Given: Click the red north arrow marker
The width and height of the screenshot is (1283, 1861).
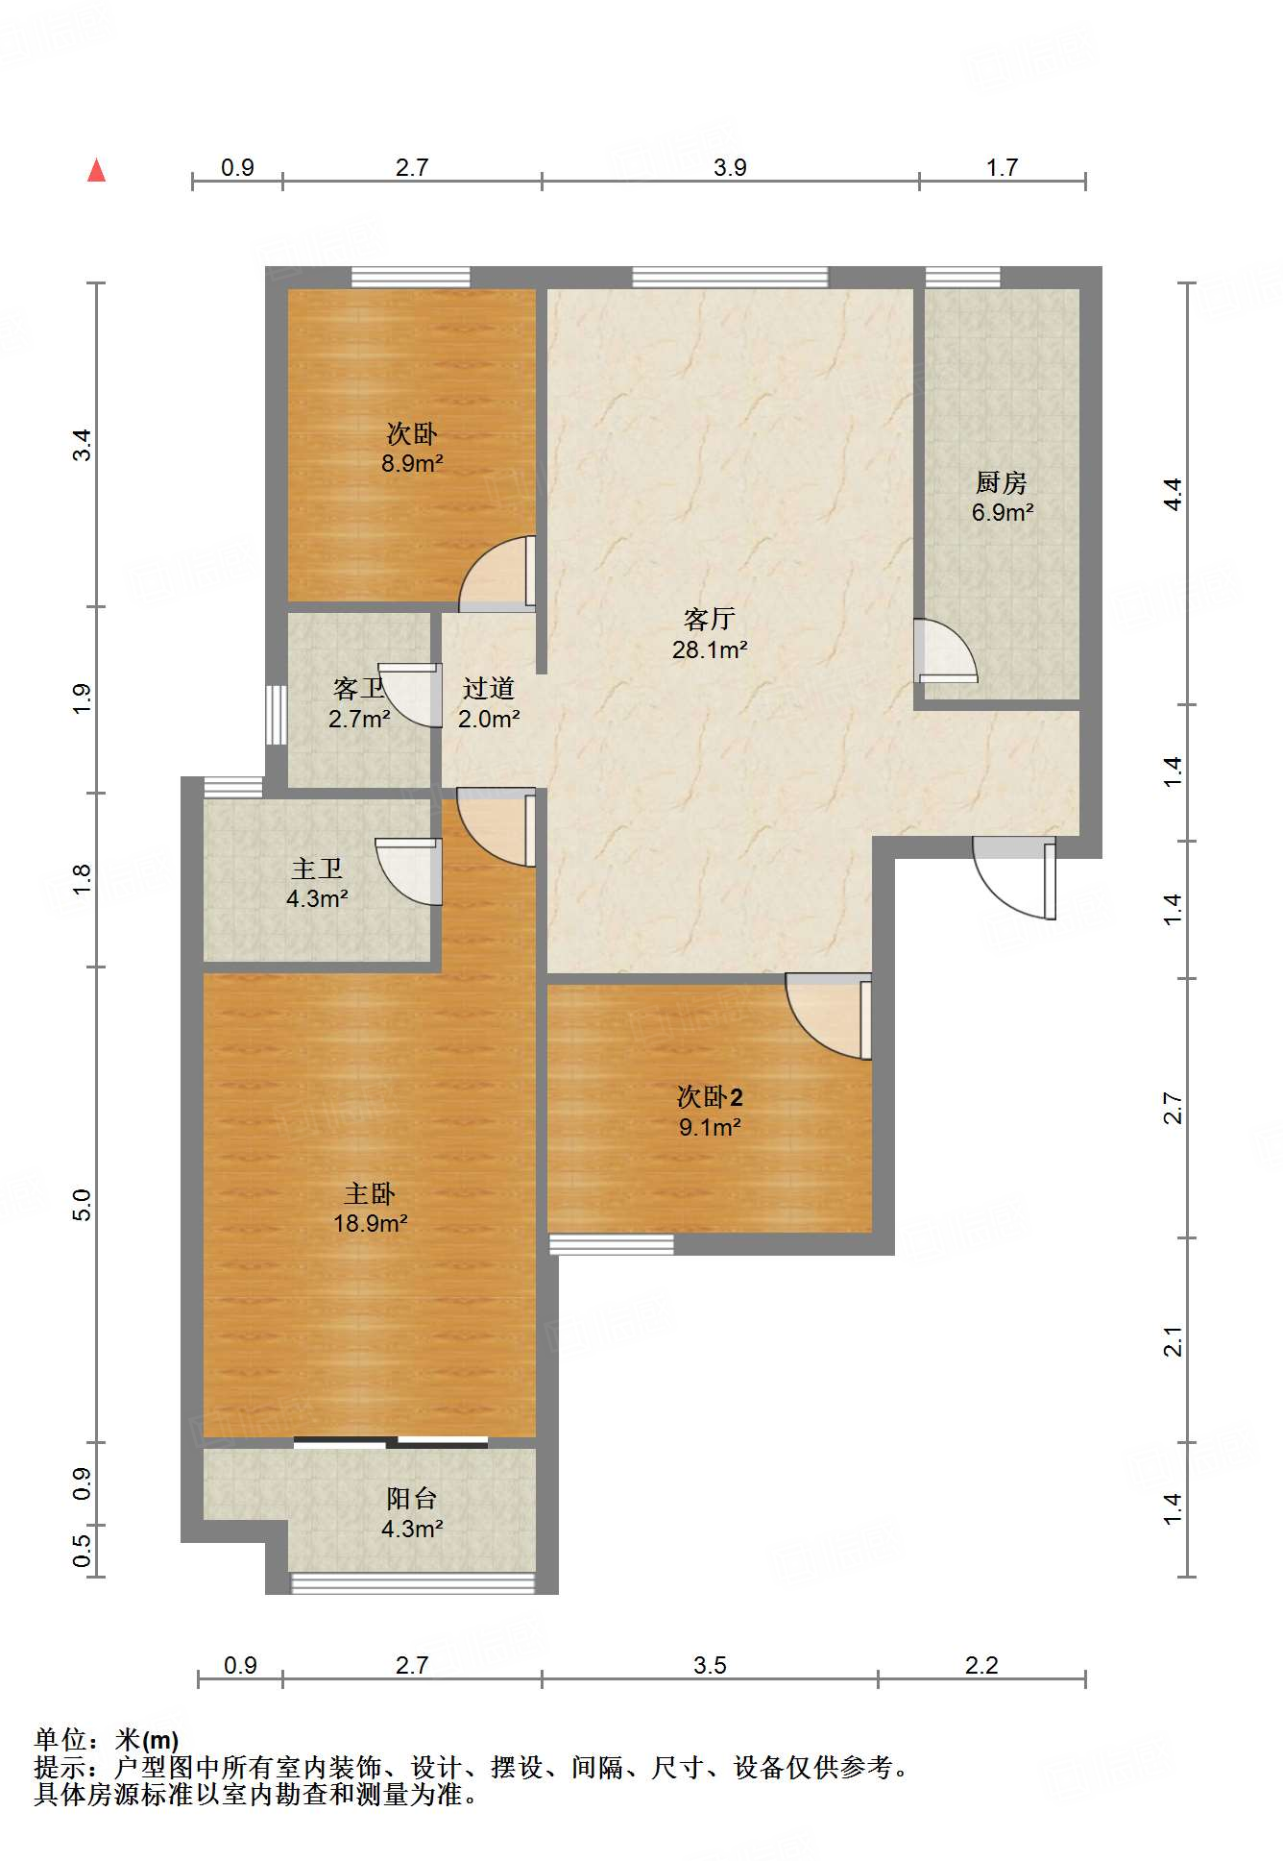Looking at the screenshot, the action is pos(96,170).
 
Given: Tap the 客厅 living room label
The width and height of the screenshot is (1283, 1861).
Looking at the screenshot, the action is pos(709,619).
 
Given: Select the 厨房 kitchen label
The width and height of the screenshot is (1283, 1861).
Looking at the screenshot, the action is pos(1001,482).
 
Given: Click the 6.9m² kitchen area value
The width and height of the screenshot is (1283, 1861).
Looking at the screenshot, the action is pos(1002,513).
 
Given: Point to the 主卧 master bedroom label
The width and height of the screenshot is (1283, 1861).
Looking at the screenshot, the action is pos(370,1194).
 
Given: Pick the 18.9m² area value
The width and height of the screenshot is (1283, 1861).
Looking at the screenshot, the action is pos(370,1224).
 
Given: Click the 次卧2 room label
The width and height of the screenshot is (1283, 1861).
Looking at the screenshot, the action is pos(710,1096).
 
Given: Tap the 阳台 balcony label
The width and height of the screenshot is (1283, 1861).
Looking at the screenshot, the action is pos(412,1498).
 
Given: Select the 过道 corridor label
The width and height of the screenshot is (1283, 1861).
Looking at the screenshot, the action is pos(488,688).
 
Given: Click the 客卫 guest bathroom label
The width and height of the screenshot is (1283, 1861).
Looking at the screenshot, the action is pos(358,688).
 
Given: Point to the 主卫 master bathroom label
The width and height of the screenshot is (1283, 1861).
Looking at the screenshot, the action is pos(317,869).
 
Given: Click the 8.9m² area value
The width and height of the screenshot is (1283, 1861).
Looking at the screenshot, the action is pos(412,464).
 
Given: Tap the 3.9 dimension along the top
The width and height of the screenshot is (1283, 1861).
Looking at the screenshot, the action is pos(730,167).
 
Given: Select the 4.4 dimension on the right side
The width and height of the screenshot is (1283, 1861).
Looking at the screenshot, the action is pos(1173,494).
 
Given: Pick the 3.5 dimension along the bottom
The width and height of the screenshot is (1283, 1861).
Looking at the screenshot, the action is pos(711,1665).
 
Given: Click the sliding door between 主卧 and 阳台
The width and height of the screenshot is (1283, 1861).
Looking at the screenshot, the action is pos(391,1441).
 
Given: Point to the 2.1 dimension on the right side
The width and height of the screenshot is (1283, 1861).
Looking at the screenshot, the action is pos(1173,1341).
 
